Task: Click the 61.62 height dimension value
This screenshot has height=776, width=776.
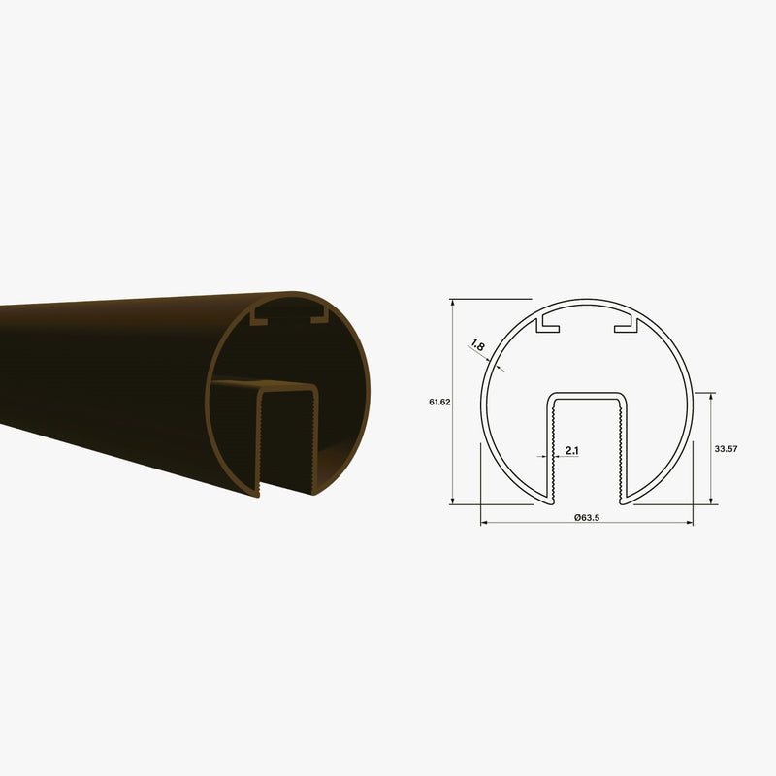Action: click(438, 402)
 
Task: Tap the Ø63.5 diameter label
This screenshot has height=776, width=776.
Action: click(587, 516)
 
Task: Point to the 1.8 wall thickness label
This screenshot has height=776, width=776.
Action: click(477, 344)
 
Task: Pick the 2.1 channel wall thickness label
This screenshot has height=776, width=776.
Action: click(571, 451)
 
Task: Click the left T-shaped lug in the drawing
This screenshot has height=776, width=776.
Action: click(550, 324)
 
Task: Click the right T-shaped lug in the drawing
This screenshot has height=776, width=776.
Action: click(626, 324)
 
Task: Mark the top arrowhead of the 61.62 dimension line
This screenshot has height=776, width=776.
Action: click(453, 302)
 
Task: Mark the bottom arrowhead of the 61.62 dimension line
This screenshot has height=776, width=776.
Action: click(453, 501)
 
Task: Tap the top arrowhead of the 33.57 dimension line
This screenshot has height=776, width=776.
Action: click(713, 396)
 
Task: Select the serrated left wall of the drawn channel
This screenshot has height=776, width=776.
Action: click(551, 446)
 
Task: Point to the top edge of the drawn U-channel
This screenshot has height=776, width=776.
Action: click(587, 394)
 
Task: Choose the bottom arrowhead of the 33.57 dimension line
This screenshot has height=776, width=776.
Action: click(713, 501)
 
